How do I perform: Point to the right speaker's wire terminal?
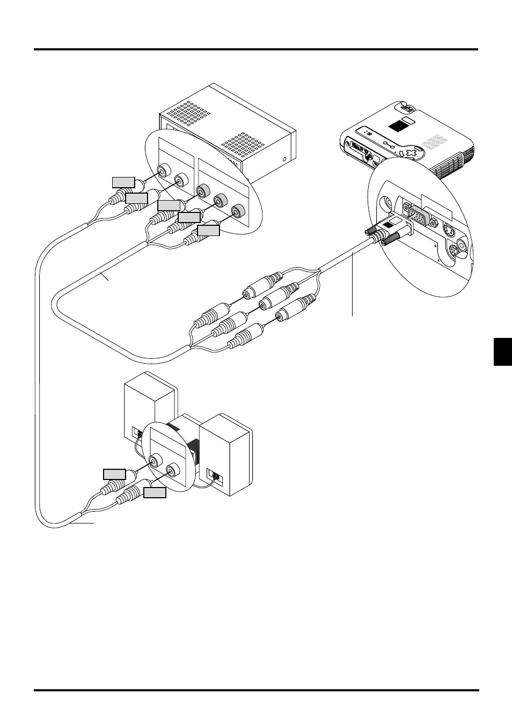(215, 476)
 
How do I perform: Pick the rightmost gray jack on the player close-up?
(237, 211)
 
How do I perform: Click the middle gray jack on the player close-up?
(219, 201)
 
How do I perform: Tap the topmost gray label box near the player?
(123, 182)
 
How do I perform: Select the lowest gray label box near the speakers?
(155, 492)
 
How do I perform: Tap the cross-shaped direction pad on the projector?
(411, 153)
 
